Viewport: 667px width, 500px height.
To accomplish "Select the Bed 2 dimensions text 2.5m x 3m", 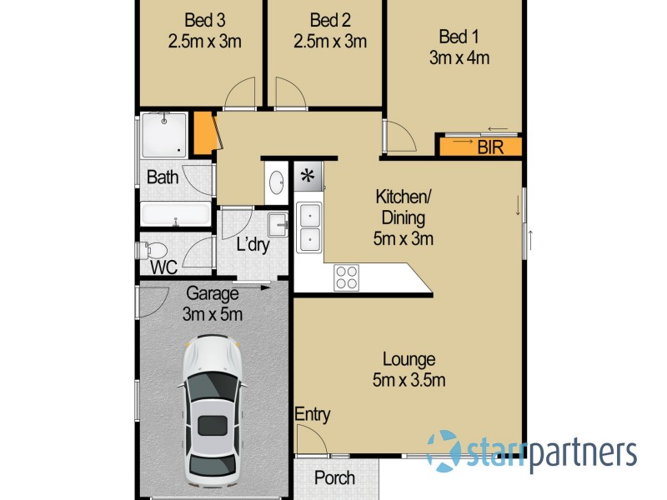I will tap(330, 41).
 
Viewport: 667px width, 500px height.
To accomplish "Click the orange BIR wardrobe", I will tap(480, 147).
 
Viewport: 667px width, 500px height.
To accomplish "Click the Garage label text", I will tap(212, 293).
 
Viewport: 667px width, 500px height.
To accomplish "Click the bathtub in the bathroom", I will tap(176, 214).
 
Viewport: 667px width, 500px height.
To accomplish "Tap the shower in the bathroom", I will tap(163, 135).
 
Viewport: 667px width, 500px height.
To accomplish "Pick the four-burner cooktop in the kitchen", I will tap(346, 277).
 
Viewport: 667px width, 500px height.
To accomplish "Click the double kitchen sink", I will tap(308, 227).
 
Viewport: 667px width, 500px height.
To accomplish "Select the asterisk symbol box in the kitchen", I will tap(308, 176).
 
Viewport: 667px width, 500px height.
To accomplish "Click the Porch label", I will tap(334, 478).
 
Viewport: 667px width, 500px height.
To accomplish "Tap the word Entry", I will tap(313, 414).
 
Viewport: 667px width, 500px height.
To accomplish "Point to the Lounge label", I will tap(409, 360).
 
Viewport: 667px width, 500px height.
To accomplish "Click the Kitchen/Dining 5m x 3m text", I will tap(403, 218).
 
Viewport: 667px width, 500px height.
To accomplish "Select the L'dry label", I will tap(252, 246).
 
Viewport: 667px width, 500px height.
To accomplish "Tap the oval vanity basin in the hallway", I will tap(277, 182).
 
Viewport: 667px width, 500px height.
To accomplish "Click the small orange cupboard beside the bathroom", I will tap(203, 133).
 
